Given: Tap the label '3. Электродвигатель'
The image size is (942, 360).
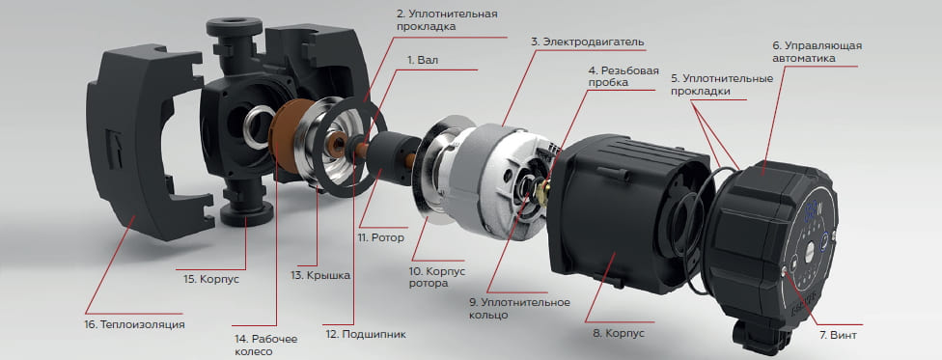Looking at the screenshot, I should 588,42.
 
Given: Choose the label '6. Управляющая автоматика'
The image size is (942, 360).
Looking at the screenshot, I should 817,51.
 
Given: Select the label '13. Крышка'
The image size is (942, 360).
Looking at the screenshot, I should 323,275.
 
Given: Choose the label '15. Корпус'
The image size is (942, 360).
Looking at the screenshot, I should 210,279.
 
